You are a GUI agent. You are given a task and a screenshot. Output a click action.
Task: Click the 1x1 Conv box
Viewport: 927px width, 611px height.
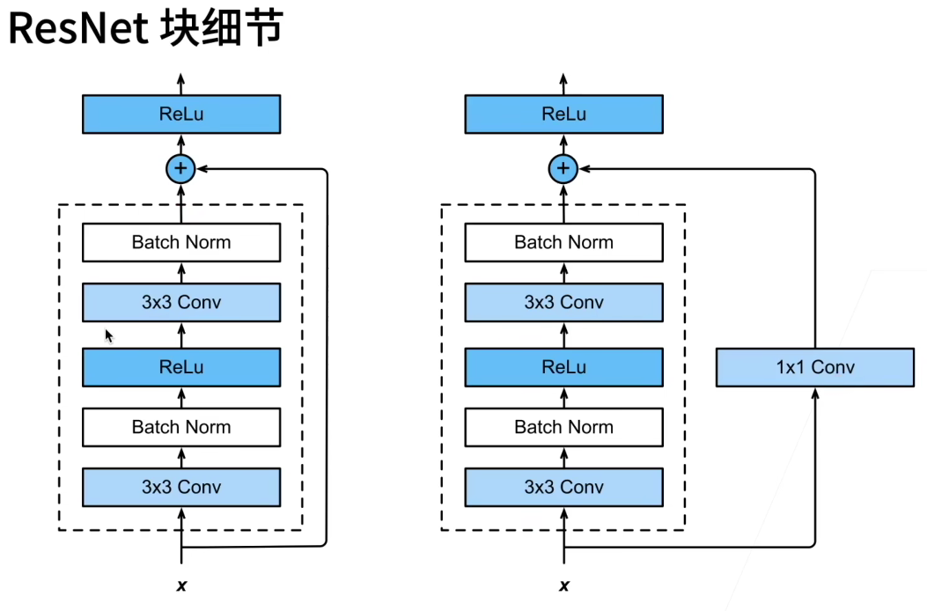814,367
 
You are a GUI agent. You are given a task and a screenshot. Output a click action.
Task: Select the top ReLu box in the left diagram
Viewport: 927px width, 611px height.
181,114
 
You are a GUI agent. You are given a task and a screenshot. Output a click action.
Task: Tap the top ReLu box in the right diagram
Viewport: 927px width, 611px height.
563,114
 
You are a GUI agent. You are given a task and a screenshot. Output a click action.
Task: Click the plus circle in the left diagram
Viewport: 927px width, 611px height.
181,168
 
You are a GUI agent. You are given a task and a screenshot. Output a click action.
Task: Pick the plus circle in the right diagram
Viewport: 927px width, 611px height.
563,168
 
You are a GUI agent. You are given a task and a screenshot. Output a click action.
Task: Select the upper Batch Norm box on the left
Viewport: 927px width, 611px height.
181,242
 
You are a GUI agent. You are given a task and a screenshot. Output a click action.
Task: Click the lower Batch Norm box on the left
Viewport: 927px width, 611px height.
181,427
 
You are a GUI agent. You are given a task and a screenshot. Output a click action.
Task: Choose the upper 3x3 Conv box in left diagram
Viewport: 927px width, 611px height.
181,302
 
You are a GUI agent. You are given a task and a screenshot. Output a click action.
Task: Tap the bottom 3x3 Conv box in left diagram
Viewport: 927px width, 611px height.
181,487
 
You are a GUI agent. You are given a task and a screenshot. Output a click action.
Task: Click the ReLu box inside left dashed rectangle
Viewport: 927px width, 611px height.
181,367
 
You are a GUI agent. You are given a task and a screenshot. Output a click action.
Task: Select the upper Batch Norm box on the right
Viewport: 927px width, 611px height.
563,242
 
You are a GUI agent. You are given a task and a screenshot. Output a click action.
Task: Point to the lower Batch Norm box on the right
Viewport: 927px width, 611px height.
563,427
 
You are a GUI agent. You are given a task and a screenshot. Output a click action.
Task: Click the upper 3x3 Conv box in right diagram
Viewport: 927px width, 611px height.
563,302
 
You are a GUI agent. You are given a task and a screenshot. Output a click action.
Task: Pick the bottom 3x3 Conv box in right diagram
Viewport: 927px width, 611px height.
563,487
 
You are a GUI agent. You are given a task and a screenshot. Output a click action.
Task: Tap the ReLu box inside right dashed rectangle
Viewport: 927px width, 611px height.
563,367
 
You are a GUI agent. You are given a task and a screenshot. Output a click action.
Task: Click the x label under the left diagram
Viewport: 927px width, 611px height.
181,585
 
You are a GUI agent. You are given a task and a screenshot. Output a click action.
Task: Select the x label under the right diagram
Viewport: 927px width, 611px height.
563,585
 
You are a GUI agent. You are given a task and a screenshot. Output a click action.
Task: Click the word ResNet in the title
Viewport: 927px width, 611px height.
79,29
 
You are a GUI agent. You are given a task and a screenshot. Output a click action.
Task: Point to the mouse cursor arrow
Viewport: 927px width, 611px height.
109,336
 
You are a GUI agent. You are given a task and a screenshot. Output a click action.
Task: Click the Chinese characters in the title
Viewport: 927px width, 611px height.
223,29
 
